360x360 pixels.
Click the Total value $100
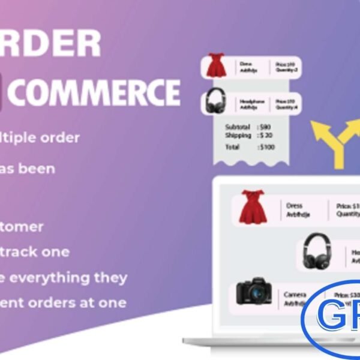tap(268, 146)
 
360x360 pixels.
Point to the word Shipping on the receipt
tap(238, 136)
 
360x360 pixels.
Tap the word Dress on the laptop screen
tap(295, 205)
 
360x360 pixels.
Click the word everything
tap(61, 277)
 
